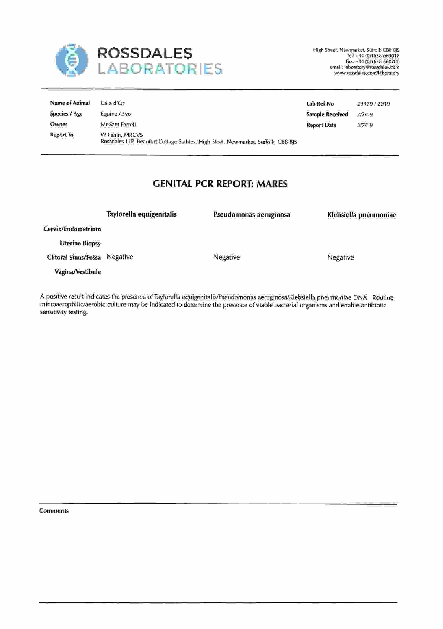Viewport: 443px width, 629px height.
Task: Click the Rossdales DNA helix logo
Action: click(72, 60)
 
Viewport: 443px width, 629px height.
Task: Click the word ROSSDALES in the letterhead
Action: click(145, 53)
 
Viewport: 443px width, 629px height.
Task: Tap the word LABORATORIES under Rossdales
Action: click(160, 68)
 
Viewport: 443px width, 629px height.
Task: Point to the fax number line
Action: click(372, 61)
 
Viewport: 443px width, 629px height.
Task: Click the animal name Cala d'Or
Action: click(112, 103)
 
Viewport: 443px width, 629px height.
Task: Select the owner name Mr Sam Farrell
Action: click(118, 125)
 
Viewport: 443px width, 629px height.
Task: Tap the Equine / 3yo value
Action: click(115, 114)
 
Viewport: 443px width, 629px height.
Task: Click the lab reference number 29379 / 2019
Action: click(373, 104)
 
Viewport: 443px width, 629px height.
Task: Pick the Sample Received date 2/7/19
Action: click(364, 114)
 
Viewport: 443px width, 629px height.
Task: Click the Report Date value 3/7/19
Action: click(364, 125)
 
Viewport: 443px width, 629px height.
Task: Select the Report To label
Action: click(62, 135)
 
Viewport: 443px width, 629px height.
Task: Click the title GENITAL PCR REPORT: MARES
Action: click(220, 184)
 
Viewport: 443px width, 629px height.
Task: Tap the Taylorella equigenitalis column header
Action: click(141, 214)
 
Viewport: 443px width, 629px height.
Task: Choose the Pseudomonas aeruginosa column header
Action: click(251, 215)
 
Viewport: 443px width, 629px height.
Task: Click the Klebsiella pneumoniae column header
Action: click(361, 215)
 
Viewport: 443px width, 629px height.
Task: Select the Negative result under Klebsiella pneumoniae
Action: click(340, 257)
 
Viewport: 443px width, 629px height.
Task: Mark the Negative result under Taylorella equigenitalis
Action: click(120, 257)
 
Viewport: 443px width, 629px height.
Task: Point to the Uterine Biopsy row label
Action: click(80, 243)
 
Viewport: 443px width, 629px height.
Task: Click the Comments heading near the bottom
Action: click(54, 511)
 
